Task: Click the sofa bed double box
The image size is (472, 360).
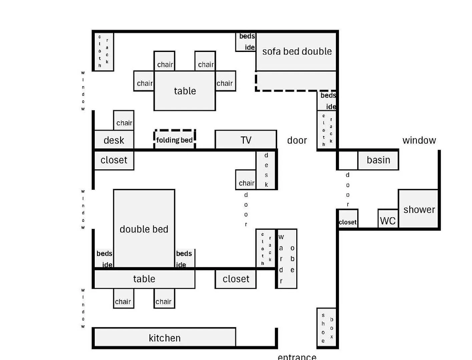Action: (296, 52)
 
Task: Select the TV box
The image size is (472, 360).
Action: (246, 140)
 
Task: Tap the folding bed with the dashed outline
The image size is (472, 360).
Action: (174, 140)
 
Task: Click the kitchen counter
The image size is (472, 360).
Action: (164, 338)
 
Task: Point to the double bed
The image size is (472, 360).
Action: (144, 229)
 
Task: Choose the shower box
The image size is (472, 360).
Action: (418, 209)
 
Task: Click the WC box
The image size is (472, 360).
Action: (388, 220)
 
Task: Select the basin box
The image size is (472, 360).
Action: (378, 160)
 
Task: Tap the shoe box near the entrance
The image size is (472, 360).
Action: (327, 328)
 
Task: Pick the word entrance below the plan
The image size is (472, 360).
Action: (297, 357)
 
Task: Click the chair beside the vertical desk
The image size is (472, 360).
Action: (246, 180)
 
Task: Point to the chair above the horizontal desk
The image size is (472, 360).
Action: (124, 121)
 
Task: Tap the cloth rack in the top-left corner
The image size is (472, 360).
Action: (103, 51)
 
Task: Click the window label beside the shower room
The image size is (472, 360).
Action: (419, 140)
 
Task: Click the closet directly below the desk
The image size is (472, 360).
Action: (114, 160)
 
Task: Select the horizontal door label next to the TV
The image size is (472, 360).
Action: (297, 140)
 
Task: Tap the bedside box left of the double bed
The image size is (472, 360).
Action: (104, 258)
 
